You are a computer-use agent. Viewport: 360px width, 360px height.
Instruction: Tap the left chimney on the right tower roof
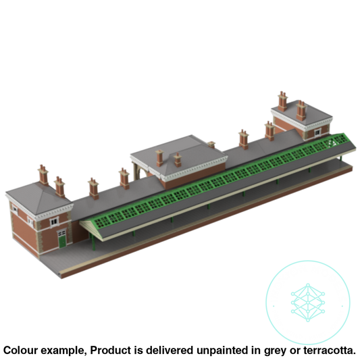click(280, 98)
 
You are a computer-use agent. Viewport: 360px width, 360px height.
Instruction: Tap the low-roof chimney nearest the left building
click(92, 186)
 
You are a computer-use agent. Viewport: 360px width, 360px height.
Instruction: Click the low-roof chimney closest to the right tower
click(268, 128)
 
